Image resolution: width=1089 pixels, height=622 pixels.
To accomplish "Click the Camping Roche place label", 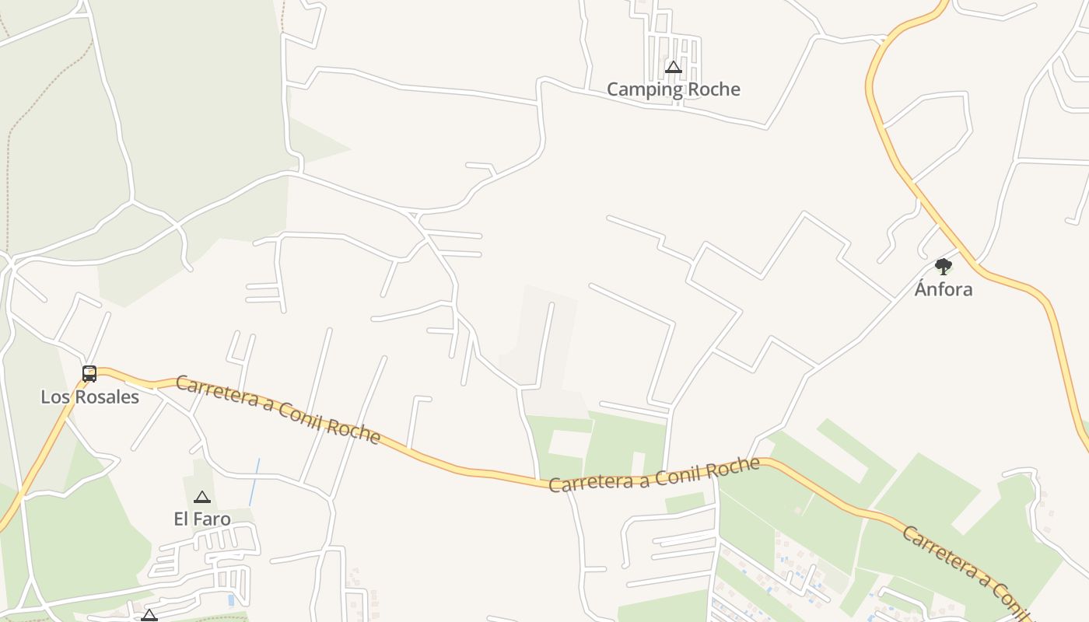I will (x=673, y=89).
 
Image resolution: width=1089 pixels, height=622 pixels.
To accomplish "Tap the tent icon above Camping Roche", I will (x=674, y=68).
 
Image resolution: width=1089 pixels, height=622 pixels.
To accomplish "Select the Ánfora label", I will (x=943, y=289).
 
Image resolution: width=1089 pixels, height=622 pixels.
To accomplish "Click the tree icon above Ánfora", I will (x=944, y=267).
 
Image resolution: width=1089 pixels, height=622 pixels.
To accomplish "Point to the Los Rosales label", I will (x=89, y=397).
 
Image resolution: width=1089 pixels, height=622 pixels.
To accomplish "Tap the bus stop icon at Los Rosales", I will (x=89, y=374).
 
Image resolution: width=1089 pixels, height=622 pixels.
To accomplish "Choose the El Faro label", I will (x=202, y=519).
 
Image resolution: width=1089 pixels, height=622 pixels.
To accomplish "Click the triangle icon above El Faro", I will (x=202, y=497).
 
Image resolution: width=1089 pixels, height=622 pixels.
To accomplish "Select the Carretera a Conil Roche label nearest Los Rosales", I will (x=278, y=409).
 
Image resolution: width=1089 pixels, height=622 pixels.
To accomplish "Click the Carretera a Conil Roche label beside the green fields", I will (x=653, y=475).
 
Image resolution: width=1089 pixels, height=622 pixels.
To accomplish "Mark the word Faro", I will (x=212, y=519).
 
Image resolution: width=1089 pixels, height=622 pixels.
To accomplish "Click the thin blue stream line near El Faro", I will (x=254, y=482).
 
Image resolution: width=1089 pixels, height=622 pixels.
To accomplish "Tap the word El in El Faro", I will (x=181, y=519).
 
